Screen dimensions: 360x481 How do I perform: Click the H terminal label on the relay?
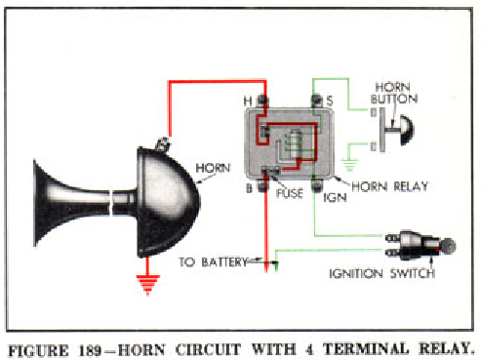249,100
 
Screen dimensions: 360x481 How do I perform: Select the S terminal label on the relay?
330,100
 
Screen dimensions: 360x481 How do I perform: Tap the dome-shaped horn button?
403,126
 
